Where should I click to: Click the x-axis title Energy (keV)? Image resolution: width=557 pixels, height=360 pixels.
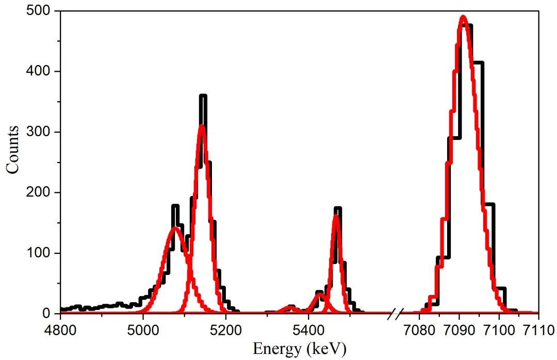coord(300,348)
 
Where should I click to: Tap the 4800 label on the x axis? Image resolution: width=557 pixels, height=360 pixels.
coord(60,329)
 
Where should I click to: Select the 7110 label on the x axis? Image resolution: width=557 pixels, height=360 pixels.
coord(538,329)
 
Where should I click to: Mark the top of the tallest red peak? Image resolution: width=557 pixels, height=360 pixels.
coord(463,17)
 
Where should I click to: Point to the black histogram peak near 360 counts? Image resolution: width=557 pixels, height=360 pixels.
coord(203,96)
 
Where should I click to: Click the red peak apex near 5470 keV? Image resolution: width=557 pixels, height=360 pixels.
coord(336,216)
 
